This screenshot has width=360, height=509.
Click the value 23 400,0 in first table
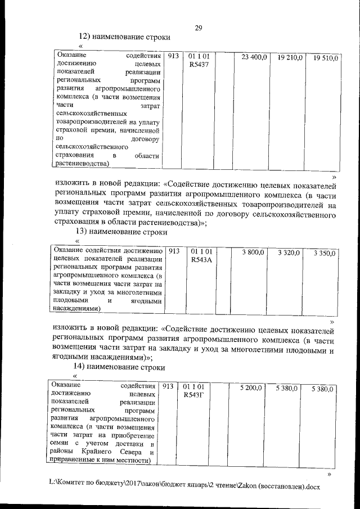pos(254,57)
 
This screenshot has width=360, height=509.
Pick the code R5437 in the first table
pos(199,66)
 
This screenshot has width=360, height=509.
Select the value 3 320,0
pos(289,253)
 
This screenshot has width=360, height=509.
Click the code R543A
pos(201,260)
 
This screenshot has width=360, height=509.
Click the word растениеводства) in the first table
pos(82,164)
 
